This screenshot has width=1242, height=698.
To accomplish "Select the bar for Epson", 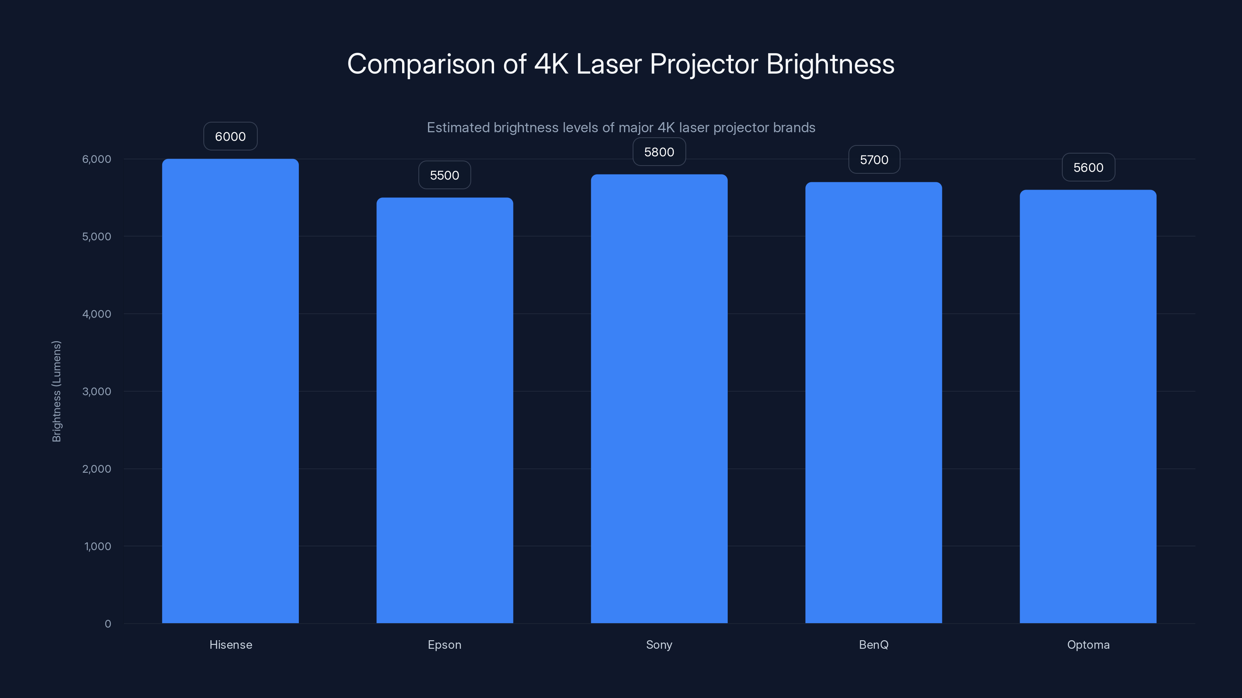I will tap(444, 410).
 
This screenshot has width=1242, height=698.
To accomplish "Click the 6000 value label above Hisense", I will tap(230, 136).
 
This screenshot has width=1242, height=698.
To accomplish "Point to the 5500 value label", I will tap(444, 175).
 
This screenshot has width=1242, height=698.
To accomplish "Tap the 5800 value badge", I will tap(659, 152).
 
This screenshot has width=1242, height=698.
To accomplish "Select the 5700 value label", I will tap(874, 159).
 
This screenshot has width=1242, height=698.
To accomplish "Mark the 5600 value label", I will tap(1088, 167).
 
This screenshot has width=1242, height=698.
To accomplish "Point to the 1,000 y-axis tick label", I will tap(97, 546).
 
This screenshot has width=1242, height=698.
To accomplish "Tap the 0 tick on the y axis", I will tap(108, 624).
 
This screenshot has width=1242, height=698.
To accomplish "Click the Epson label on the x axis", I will tap(444, 644).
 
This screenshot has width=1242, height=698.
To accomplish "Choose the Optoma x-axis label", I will tap(1088, 644).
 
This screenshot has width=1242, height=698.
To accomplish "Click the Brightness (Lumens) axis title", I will tap(56, 391).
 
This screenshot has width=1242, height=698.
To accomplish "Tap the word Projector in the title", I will tap(703, 64).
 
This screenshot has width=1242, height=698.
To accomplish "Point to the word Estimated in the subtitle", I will tap(458, 128).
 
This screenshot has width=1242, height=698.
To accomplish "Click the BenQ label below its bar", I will tap(873, 644).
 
